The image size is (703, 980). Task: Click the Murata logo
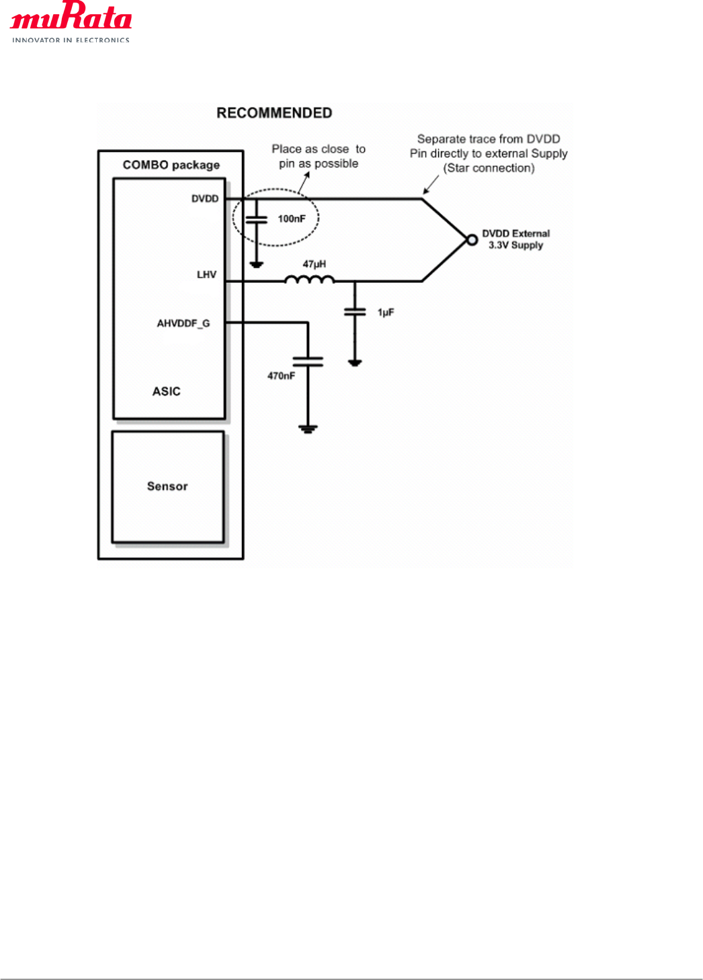click(x=71, y=21)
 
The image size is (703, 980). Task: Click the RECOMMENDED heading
click(x=274, y=113)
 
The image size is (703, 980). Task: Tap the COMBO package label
click(x=171, y=165)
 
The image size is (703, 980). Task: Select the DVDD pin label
click(x=205, y=198)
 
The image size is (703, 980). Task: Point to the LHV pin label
click(x=206, y=274)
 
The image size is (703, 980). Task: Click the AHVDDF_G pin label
click(x=183, y=323)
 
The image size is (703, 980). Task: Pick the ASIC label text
click(x=166, y=391)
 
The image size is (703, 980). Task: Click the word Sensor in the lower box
click(x=167, y=486)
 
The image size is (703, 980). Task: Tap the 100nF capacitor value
click(x=292, y=218)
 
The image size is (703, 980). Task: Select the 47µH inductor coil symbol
click(x=309, y=279)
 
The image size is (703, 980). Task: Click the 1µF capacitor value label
click(x=386, y=313)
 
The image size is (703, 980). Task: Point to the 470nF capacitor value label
click(x=281, y=376)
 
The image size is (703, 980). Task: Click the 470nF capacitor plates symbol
click(x=308, y=362)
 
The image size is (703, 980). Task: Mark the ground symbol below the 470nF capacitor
click(x=308, y=429)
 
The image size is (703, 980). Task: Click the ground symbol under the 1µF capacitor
click(x=355, y=363)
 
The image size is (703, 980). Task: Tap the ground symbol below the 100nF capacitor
click(x=256, y=265)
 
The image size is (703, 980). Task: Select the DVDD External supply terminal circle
click(x=472, y=240)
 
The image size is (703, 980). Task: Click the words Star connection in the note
click(x=489, y=168)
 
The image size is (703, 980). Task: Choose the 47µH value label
click(x=314, y=264)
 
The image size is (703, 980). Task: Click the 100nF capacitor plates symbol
click(x=256, y=219)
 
